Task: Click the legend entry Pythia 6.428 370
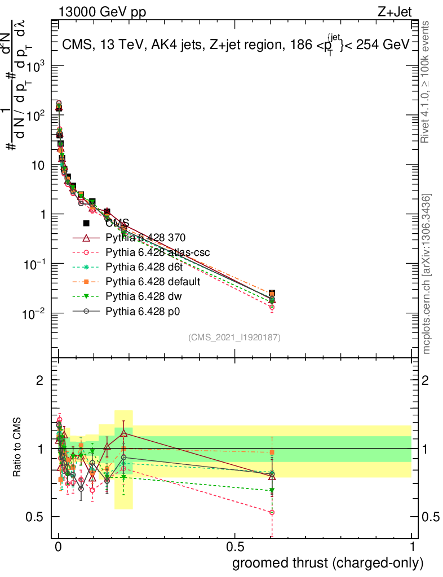(x=146, y=237)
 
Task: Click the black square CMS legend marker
(x=86, y=223)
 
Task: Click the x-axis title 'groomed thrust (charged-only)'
(x=327, y=562)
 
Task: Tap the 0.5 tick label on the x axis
(x=235, y=547)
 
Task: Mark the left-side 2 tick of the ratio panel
(x=40, y=380)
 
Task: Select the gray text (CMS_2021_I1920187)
(x=234, y=337)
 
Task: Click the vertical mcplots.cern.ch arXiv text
(x=427, y=274)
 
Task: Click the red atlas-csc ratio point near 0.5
(x=272, y=512)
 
